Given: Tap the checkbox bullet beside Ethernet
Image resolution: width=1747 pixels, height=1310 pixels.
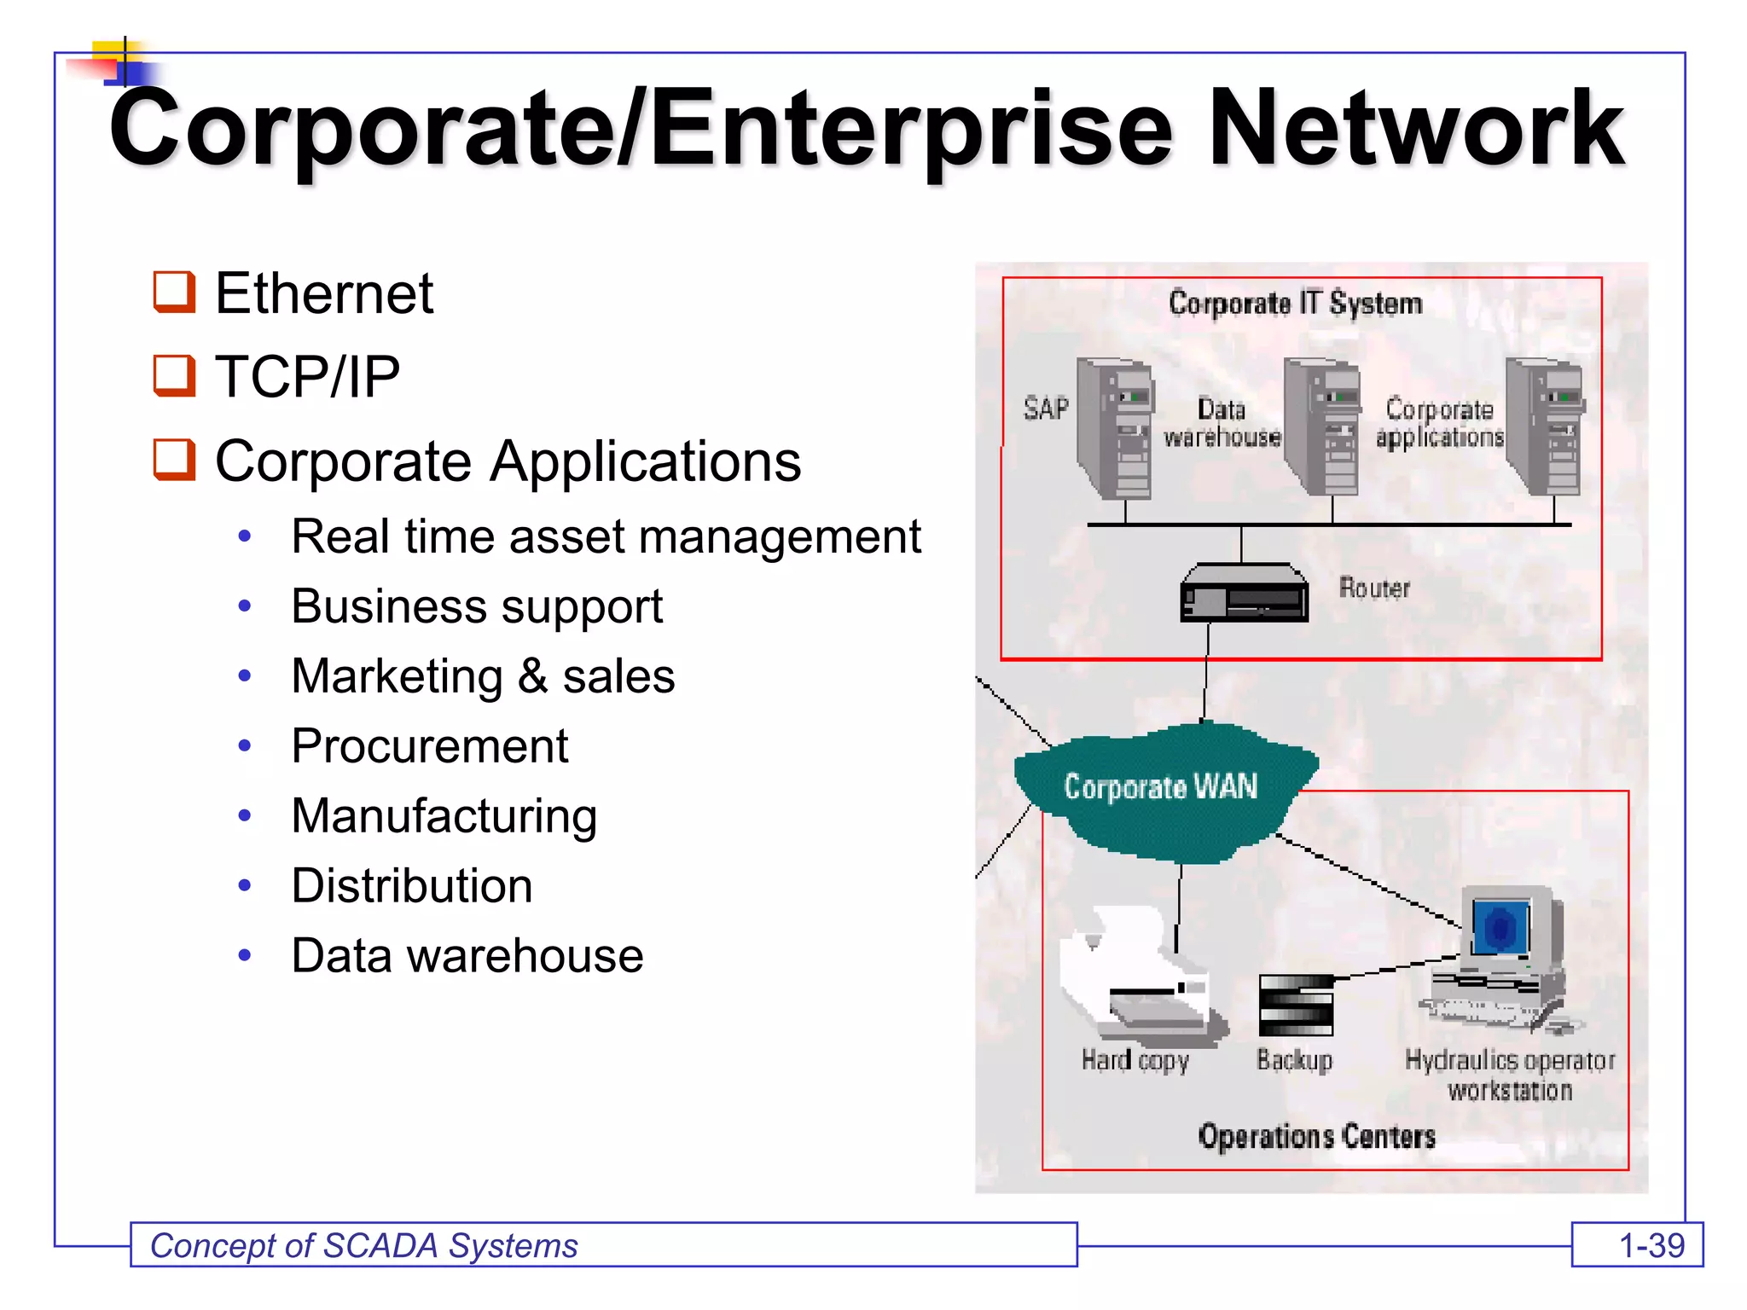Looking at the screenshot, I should pyautogui.click(x=174, y=293).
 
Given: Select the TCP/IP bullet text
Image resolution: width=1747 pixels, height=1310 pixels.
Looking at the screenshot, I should pyautogui.click(x=307, y=376).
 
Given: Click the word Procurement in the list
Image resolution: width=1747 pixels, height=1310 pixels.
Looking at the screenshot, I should pyautogui.click(x=429, y=746).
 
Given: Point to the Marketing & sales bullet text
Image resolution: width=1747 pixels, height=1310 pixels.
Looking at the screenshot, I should pyautogui.click(x=483, y=676).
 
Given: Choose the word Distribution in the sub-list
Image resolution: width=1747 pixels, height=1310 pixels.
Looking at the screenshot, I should pyautogui.click(x=412, y=886).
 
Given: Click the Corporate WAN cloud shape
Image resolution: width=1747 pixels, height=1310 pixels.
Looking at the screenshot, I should pyautogui.click(x=1160, y=789).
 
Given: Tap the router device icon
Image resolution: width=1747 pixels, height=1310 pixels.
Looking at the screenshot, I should pyautogui.click(x=1244, y=593).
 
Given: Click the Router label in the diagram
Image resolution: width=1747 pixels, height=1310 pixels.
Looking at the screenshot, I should pyautogui.click(x=1373, y=588).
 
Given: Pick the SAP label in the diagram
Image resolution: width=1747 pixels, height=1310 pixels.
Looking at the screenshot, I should pyautogui.click(x=1046, y=409).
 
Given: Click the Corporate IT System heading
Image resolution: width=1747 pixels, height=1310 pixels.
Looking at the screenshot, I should pyautogui.click(x=1295, y=304).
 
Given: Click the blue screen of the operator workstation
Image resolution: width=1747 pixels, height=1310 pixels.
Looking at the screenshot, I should pyautogui.click(x=1501, y=927).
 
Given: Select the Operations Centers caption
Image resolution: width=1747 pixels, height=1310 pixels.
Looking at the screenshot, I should pyautogui.click(x=1316, y=1137).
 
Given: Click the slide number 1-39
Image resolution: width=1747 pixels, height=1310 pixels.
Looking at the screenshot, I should pyautogui.click(x=1651, y=1246).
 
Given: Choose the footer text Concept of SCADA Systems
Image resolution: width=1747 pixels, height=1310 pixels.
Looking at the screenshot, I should pyautogui.click(x=364, y=1246).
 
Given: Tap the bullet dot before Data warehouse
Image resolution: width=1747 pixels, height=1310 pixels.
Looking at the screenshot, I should pyautogui.click(x=245, y=956).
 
